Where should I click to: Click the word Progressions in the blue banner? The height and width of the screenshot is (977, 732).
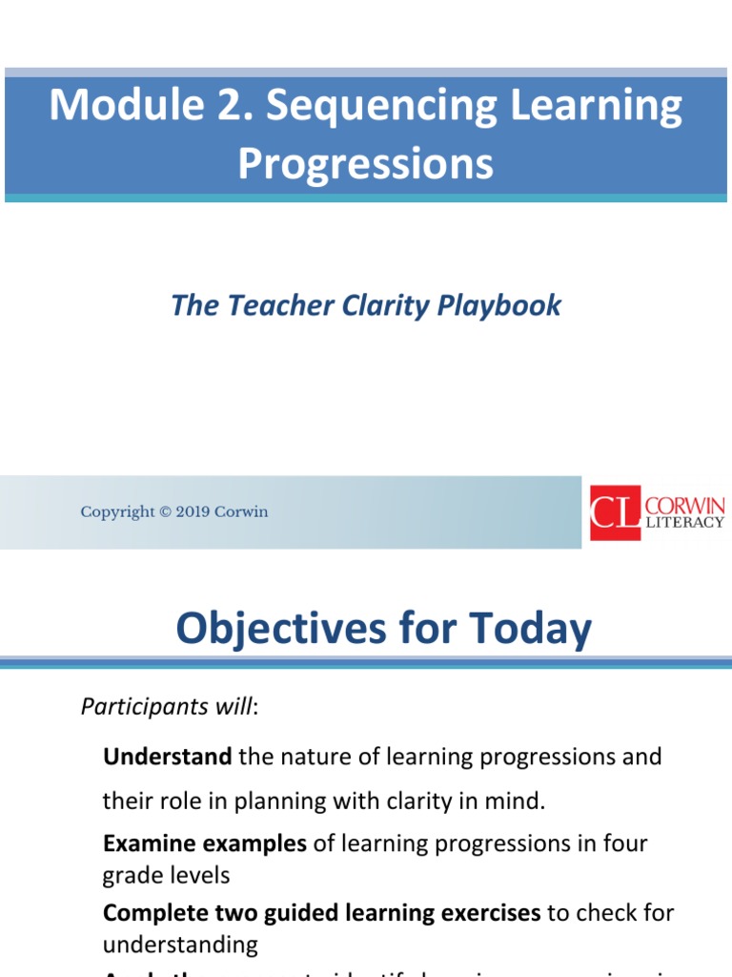[366, 163]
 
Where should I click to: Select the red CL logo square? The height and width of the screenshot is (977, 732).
[615, 512]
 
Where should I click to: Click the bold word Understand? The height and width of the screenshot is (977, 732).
[167, 757]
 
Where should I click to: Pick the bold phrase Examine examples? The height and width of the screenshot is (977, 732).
[205, 843]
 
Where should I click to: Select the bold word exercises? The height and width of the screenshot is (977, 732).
[493, 912]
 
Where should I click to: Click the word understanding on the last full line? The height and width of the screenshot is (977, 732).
[180, 945]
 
